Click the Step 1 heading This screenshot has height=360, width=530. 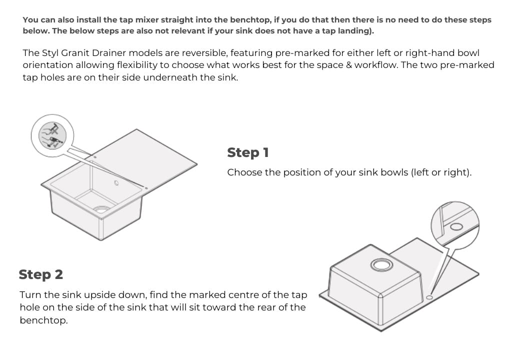[247, 152]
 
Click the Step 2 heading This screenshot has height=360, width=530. [41, 274]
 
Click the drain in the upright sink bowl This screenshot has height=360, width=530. [101, 209]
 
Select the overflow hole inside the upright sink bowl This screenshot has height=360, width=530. [116, 183]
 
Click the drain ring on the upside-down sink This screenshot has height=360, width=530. [380, 264]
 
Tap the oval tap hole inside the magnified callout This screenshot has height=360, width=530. [456, 226]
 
